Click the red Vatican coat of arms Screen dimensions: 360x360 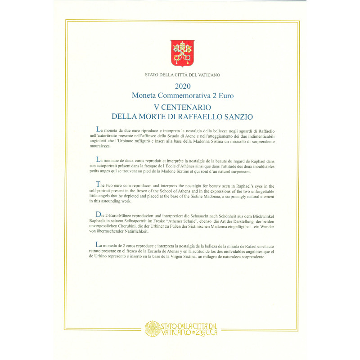pyautogui.click(x=182, y=51)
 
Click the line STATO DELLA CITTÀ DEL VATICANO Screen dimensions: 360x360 pyautogui.click(x=182, y=75)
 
